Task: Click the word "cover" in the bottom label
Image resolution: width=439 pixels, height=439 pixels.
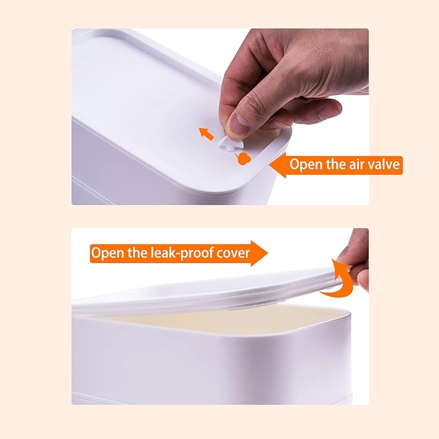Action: (233, 253)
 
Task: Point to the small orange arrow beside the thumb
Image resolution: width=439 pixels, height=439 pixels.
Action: (206, 134)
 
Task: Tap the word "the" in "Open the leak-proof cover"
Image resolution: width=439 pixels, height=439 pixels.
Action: (138, 253)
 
